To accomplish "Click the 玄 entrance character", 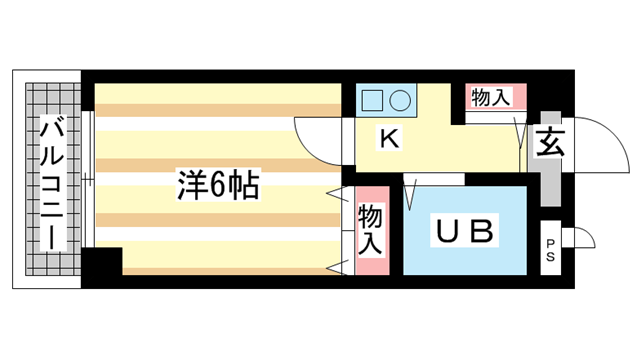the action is pyautogui.click(x=549, y=143).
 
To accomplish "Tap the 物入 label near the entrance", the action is pyautogui.click(x=491, y=97).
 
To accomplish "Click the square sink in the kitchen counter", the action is pyautogui.click(x=371, y=101).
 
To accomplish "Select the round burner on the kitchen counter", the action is pyautogui.click(x=399, y=101).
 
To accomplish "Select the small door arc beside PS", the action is pyautogui.click(x=583, y=238).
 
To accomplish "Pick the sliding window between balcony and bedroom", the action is pyautogui.click(x=89, y=180).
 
